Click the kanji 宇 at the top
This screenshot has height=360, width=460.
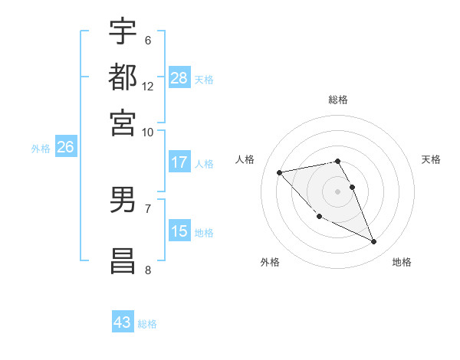tap(123, 31)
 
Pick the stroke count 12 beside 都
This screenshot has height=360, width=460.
tap(148, 87)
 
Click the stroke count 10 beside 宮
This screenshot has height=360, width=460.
tap(147, 132)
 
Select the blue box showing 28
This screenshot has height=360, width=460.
tap(179, 78)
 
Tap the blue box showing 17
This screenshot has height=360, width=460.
tap(179, 162)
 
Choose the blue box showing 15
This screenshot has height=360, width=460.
tap(179, 231)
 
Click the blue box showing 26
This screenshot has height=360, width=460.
tap(65, 148)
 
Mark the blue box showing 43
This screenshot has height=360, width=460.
tap(123, 322)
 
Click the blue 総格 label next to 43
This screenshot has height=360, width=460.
tap(148, 324)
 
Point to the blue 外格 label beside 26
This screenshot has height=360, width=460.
tap(41, 149)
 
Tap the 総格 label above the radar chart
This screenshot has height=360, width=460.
tap(338, 100)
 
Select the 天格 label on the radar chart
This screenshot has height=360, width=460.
tap(431, 159)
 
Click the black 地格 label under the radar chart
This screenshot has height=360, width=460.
tap(402, 262)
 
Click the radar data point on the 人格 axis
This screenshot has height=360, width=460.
tap(279, 172)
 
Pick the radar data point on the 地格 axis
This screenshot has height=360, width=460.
tap(374, 242)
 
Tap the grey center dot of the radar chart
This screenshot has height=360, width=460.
tap(338, 191)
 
